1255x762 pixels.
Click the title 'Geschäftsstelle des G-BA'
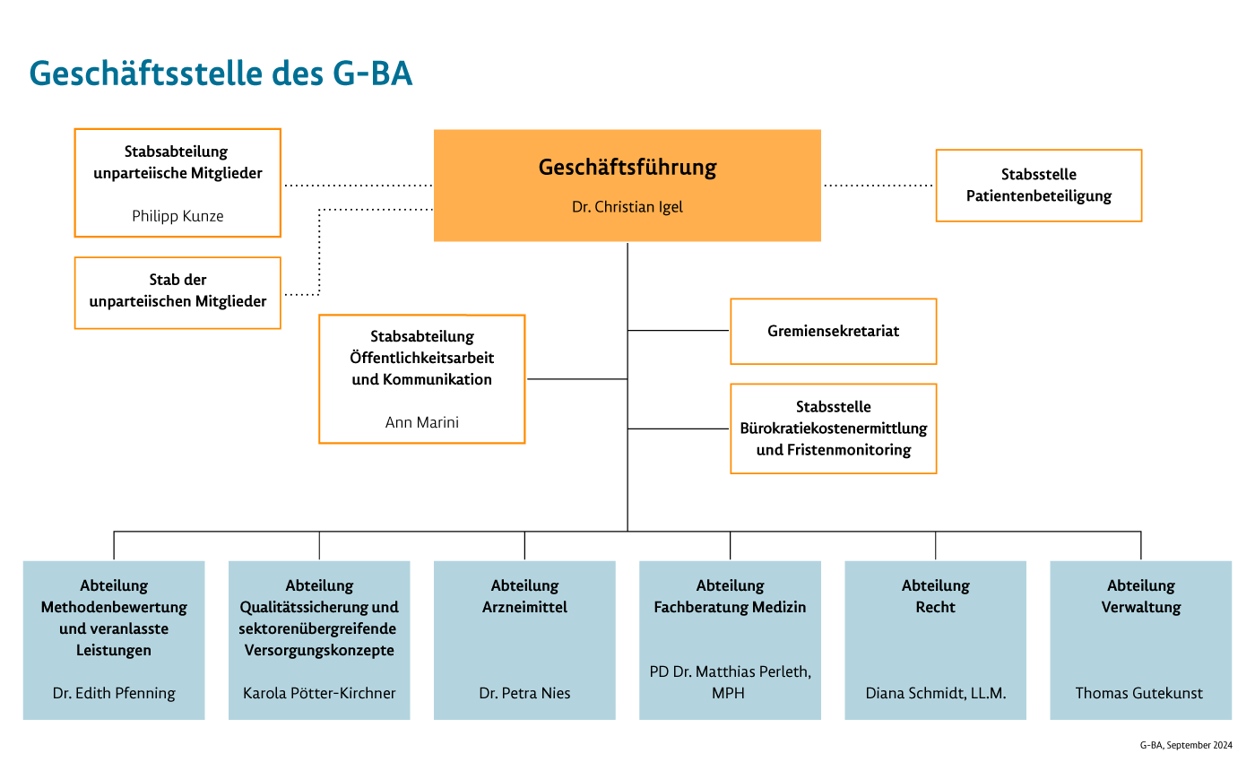coord(221,74)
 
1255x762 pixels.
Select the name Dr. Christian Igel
coord(627,207)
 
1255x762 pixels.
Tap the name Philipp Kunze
coord(177,216)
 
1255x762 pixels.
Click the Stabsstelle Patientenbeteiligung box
coord(1038,186)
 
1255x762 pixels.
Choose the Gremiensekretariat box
coord(833,331)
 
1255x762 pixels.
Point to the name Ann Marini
coord(421,422)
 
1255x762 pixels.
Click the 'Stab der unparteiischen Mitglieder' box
coord(177,291)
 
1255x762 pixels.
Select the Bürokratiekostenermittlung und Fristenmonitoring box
coord(833,429)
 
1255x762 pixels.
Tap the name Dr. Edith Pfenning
coord(114,693)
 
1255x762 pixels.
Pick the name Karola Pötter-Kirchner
coord(319,693)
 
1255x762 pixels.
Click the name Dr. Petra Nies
coord(524,693)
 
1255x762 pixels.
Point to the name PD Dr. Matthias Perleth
coord(730,672)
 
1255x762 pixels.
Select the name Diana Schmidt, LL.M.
coord(935,693)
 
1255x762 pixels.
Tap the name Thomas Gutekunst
coord(1139,693)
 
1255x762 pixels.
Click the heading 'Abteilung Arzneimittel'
coord(524,596)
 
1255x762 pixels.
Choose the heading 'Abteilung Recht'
coord(935,596)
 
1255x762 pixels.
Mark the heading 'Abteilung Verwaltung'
coord(1140,596)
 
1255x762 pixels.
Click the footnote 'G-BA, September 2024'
coord(1186,746)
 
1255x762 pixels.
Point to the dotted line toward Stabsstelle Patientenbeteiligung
coord(878,186)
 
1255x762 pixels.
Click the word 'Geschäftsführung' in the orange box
coord(627,168)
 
